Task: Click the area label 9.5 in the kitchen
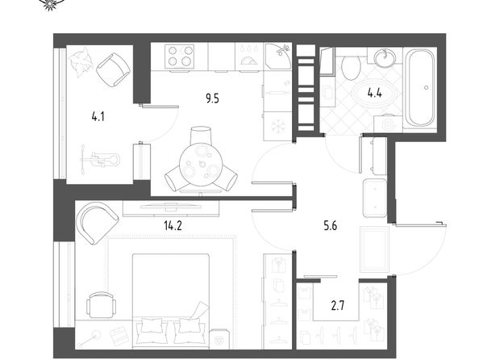coord(212,99)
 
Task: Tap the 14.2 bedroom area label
coord(173,226)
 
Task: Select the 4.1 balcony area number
coord(98,116)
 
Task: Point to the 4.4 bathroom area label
coord(374,92)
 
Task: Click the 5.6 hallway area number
coord(331,226)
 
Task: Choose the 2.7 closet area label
coord(338,306)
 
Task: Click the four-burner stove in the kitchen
coord(179,57)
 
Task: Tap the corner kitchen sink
coord(278,56)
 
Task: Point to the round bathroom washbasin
coord(385,58)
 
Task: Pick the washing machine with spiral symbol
coord(388,123)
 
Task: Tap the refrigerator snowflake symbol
coord(278,126)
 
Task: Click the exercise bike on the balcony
coord(100,160)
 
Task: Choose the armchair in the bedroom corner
coord(97,222)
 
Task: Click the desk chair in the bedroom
coord(102,305)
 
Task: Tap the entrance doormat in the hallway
coord(374,249)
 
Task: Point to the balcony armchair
coord(114,69)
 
